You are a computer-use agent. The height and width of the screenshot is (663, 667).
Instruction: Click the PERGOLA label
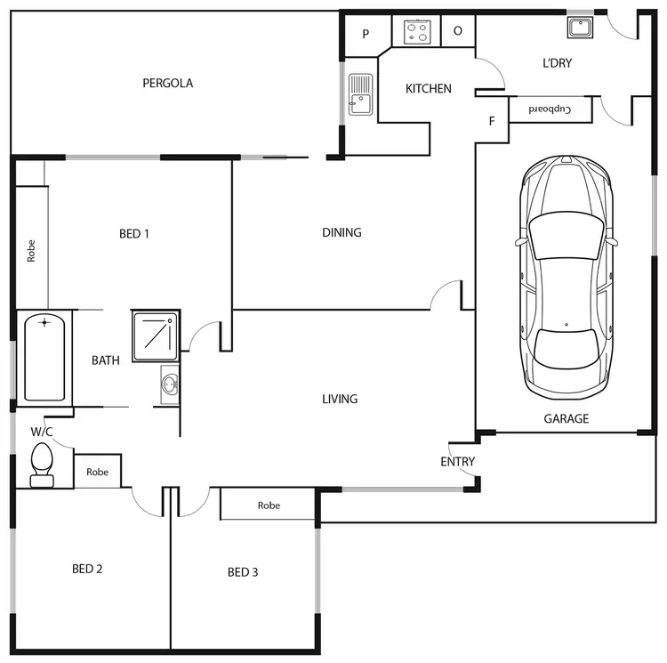click(x=168, y=84)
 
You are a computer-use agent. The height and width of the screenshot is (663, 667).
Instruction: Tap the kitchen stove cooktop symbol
click(x=418, y=31)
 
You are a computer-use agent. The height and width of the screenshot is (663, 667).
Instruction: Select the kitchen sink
click(x=360, y=94)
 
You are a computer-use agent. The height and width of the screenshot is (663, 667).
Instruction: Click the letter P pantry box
click(x=366, y=34)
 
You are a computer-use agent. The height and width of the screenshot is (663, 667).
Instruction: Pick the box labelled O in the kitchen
click(x=458, y=31)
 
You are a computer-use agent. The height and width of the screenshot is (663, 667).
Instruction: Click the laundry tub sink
click(x=580, y=27)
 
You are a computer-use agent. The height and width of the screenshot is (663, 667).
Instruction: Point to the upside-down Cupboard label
click(x=549, y=109)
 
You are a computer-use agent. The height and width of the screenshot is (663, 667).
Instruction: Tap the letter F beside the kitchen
click(x=491, y=122)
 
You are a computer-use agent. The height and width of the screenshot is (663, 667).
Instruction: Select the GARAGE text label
click(x=567, y=418)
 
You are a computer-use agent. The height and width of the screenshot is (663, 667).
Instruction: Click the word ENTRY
click(x=457, y=462)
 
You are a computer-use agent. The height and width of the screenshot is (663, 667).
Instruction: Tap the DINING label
click(x=342, y=233)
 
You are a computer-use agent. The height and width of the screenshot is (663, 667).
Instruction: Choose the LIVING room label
click(x=340, y=399)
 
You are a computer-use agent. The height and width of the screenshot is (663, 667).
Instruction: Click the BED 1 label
click(x=134, y=234)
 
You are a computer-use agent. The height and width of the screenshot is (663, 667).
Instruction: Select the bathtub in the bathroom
click(x=44, y=358)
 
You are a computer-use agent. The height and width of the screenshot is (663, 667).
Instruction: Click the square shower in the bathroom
click(x=156, y=336)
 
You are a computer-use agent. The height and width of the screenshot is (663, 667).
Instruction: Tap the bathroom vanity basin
click(x=170, y=384)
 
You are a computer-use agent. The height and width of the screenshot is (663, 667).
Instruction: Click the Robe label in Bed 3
click(x=269, y=505)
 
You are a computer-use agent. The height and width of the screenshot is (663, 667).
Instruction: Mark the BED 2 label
click(x=87, y=569)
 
